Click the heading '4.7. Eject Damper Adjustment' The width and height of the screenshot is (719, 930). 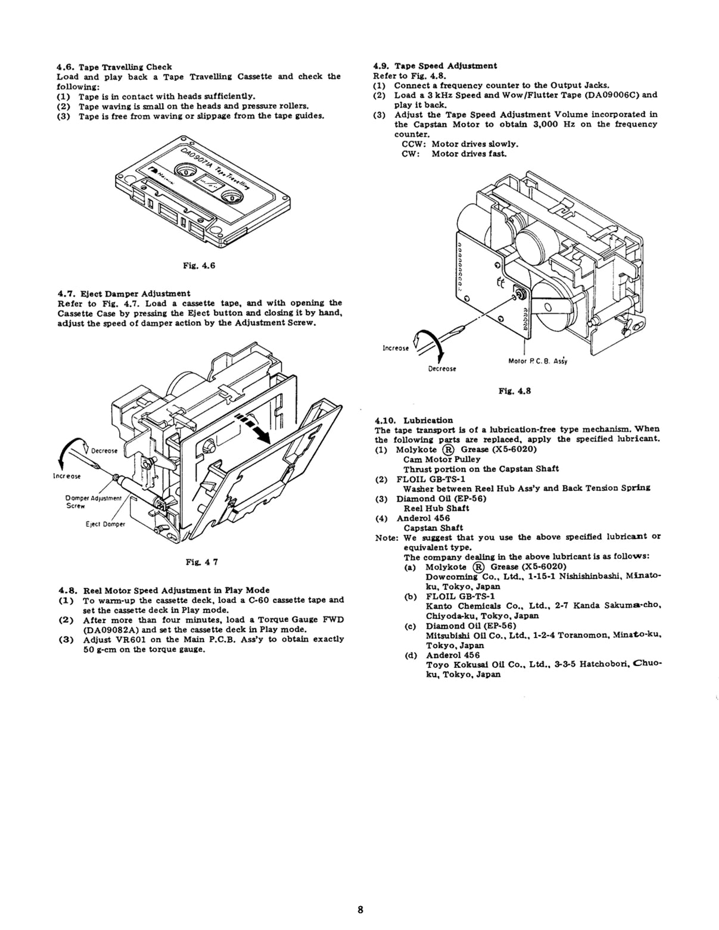coord(124,293)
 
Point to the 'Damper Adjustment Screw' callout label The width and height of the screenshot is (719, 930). coord(94,502)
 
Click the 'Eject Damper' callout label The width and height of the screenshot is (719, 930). coord(105,525)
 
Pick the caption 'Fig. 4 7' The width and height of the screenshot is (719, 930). coord(200,561)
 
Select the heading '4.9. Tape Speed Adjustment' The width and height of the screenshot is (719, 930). coord(435,66)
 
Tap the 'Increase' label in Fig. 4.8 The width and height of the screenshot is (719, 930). coord(396,348)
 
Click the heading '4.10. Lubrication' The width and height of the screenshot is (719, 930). coord(414,420)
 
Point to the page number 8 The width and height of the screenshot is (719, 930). coord(360,910)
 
